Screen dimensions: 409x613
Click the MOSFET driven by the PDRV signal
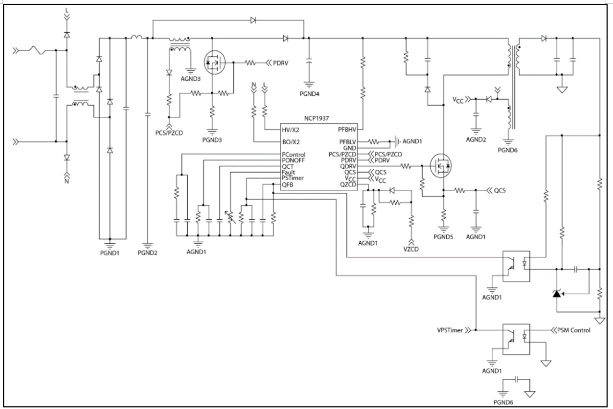tap(215, 63)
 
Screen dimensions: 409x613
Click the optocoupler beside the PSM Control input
tap(515, 337)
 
